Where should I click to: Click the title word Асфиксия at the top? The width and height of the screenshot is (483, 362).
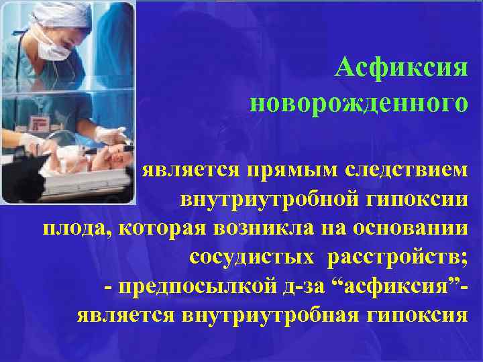coord(401,68)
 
